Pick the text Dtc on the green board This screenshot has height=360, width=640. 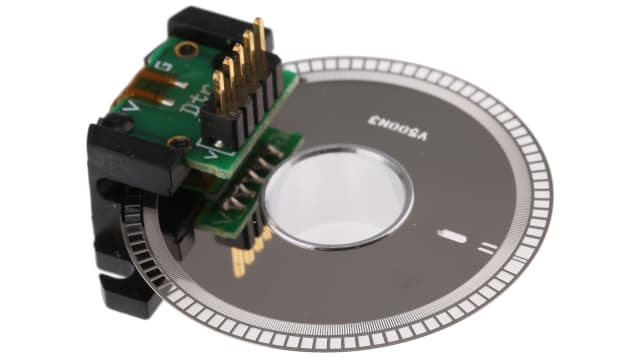(x=187, y=96)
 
